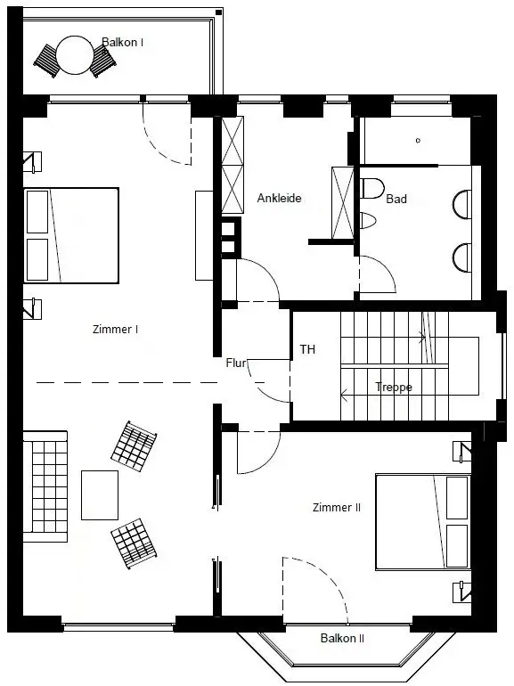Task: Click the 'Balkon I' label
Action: coord(122,43)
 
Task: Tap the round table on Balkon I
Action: coord(75,55)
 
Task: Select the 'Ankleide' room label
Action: coord(279,198)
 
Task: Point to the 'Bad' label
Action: coord(396,199)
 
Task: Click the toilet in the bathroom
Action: coord(371,188)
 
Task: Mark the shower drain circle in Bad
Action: coord(418,141)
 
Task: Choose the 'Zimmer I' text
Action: coord(116,329)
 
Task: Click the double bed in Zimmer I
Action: coord(71,235)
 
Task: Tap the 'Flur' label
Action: coord(236,363)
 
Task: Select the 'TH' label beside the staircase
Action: coord(307,349)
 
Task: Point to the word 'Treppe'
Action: coord(394,388)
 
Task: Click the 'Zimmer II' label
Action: coord(337,508)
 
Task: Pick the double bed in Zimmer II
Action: coord(423,521)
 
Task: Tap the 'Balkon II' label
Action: coord(342,638)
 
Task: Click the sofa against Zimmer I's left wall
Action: coord(45,486)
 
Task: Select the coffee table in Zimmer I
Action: coord(100,494)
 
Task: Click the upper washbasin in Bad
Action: coord(462,204)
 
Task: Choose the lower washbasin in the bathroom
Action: coord(462,258)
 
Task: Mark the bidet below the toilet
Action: coord(367,221)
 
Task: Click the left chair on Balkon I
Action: coord(47,61)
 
